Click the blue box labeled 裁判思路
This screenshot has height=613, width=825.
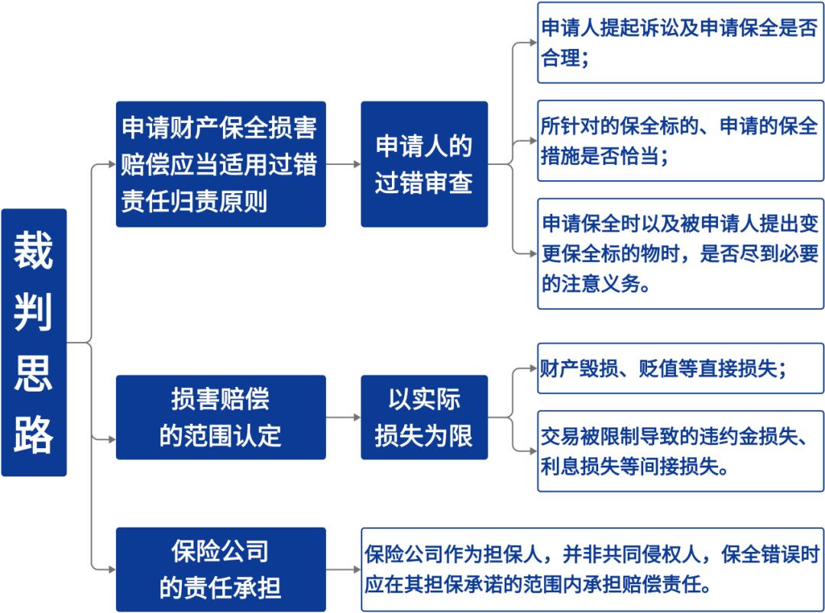tap(34, 342)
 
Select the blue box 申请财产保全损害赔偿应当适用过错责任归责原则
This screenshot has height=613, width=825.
tap(221, 164)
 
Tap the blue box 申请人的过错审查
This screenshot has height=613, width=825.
tap(424, 164)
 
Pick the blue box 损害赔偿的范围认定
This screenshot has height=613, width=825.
tap(221, 418)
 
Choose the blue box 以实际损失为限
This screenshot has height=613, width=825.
tap(424, 418)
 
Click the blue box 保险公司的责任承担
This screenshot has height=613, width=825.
tap(221, 569)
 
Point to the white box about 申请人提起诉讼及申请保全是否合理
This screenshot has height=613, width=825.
tap(681, 43)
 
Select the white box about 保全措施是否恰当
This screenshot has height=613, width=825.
tap(681, 141)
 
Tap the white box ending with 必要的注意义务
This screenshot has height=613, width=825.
tap(681, 253)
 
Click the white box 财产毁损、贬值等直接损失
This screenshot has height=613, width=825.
tap(681, 368)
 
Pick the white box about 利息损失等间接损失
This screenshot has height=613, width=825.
tap(681, 451)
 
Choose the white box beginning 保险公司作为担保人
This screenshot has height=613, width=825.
tap(593, 569)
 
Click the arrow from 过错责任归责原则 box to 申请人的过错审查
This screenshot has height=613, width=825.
tap(343, 164)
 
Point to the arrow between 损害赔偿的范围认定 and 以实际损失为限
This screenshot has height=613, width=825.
tap(343, 418)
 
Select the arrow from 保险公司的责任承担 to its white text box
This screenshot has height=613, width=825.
tap(343, 569)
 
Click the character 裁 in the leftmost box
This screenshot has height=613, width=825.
tap(33, 250)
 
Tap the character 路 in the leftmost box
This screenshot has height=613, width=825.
tap(33, 434)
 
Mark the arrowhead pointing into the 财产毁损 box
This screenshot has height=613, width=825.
tap(533, 368)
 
